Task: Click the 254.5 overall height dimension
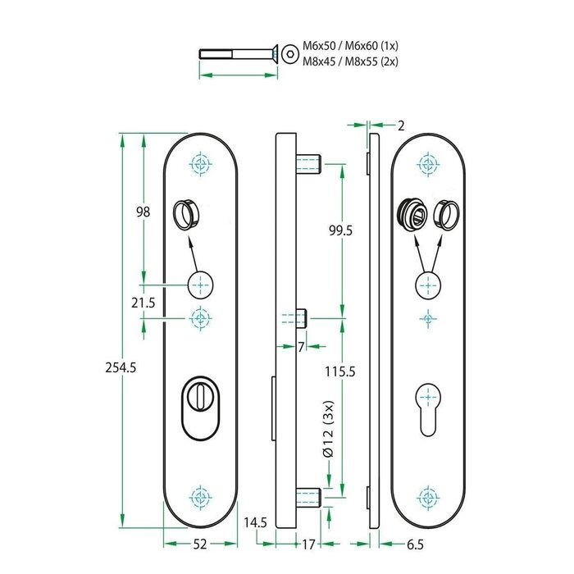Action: (121, 368)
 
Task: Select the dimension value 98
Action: (143, 212)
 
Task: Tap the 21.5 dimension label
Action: (143, 303)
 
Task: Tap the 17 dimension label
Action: (308, 544)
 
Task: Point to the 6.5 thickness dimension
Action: (415, 544)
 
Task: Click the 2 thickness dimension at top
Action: (400, 125)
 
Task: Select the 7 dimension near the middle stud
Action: (301, 347)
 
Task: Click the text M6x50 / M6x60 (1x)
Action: (350, 46)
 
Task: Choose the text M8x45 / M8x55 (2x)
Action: (350, 61)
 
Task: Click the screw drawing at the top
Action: (238, 54)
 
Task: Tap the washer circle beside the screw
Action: (291, 54)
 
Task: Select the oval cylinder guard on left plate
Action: (199, 410)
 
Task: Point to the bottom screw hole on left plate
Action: (199, 496)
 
